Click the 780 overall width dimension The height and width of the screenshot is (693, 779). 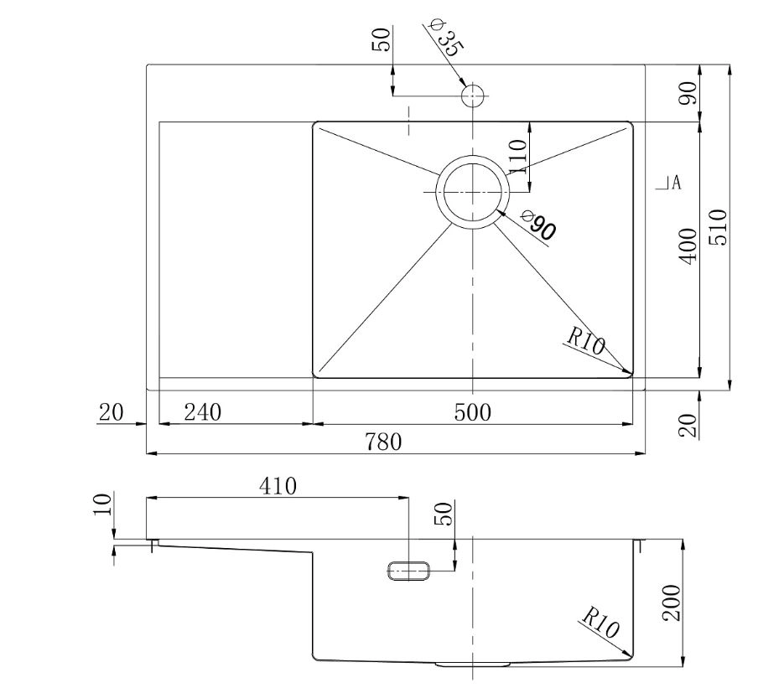(x=383, y=442)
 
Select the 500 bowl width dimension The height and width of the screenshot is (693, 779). (x=472, y=412)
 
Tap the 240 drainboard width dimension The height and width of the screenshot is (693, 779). (x=203, y=412)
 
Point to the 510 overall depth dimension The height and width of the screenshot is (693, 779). (x=718, y=227)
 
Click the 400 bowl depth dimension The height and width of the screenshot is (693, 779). (x=688, y=246)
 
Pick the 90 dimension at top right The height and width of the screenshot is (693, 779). (x=688, y=93)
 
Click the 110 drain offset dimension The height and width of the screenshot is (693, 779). (x=517, y=157)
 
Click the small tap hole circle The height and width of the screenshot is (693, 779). (x=473, y=96)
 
